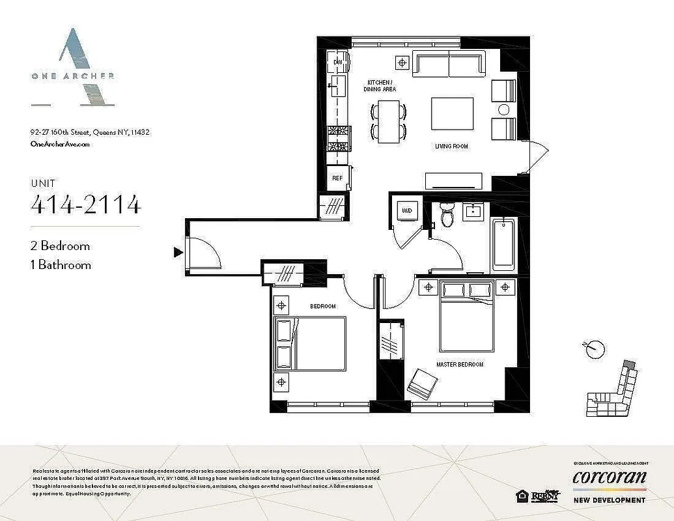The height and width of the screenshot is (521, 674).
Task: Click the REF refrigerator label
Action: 337,178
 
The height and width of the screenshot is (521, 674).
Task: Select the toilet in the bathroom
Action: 447,214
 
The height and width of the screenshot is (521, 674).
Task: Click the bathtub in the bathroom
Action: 503,244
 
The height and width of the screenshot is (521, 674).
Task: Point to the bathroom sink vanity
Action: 472,210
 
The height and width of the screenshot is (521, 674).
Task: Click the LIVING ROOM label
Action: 451,147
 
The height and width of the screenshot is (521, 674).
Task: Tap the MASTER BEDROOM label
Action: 460,365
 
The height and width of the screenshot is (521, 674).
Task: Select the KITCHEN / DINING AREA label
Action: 380,86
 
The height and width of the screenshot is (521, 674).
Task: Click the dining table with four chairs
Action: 388,122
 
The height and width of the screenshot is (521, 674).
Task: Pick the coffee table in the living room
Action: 452,114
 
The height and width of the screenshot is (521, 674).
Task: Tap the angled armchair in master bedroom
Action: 423,384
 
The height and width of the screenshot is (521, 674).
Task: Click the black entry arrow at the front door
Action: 177,252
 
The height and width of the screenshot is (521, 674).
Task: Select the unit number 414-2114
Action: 85,205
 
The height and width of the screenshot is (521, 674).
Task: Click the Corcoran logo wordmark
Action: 609,477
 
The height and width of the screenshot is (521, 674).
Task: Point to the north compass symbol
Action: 592,350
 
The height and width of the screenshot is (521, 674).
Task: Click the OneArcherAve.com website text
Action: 60,144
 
